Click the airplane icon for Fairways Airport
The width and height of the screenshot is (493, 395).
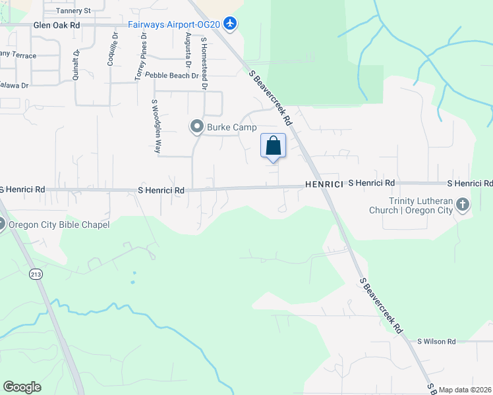[230, 24]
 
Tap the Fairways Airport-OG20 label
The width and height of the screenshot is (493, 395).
[174, 24]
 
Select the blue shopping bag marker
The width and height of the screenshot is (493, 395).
[274, 145]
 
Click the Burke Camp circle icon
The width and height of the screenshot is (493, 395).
[196, 126]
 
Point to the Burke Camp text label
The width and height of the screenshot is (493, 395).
[231, 127]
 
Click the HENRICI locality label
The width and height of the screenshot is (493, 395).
[324, 185]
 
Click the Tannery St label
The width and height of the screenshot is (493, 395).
[72, 11]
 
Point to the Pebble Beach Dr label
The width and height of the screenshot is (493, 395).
[171, 76]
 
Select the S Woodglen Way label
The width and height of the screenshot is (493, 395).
[156, 126]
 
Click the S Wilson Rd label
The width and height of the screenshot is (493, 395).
[436, 341]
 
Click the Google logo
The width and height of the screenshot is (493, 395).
[22, 387]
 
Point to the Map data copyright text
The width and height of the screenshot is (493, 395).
[465, 390]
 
